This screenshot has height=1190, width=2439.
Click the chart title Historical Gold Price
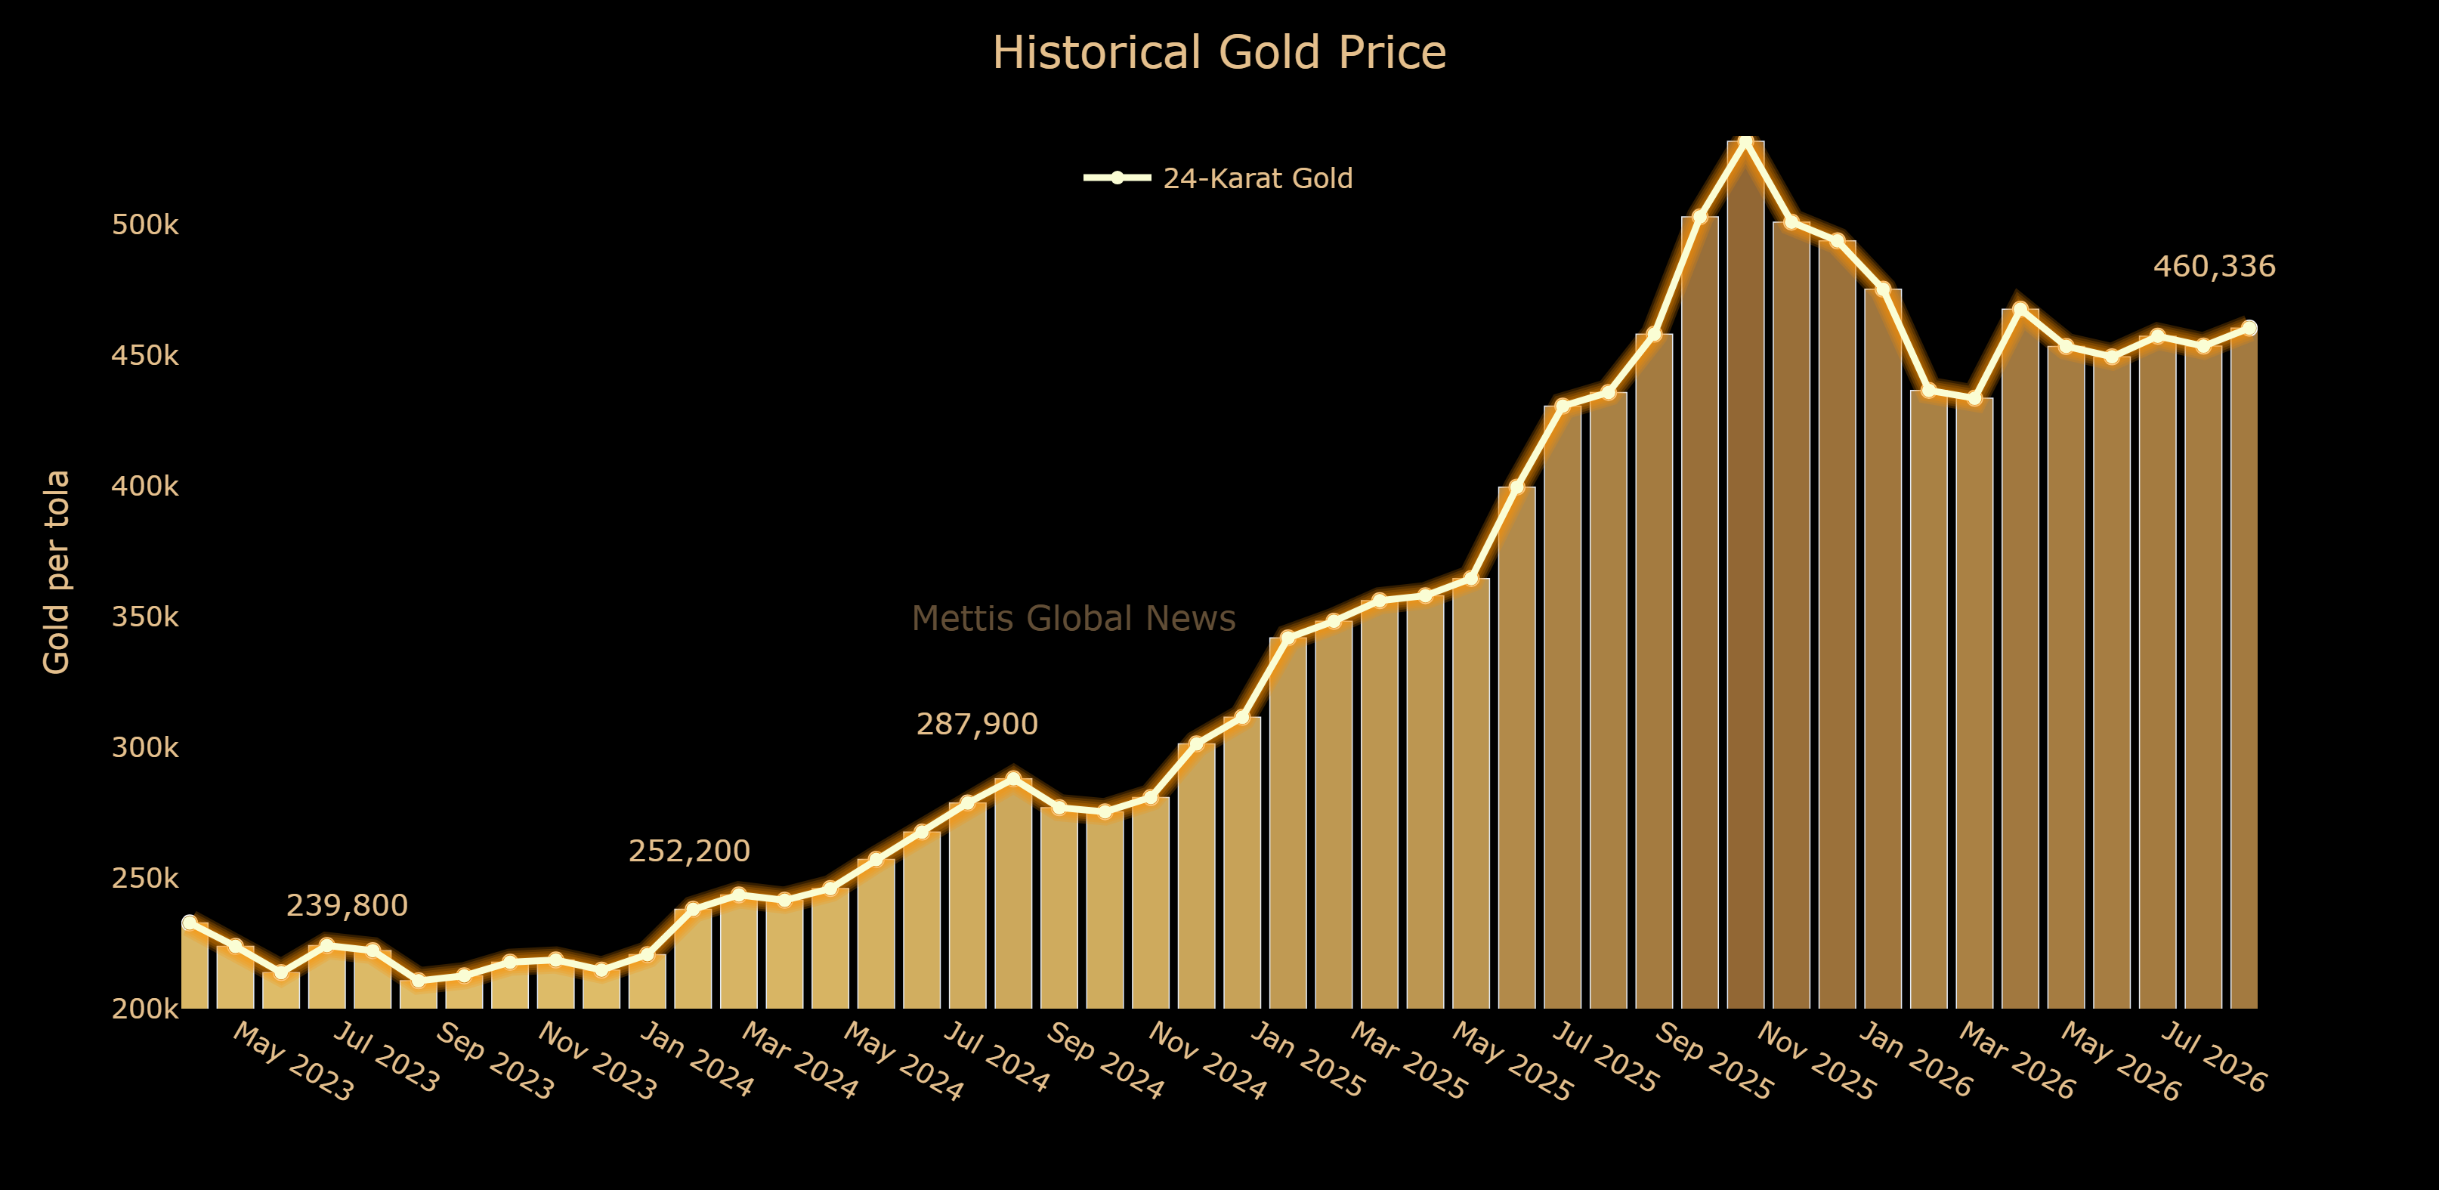pos(1219,52)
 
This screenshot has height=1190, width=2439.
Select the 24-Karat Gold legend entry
pos(1219,178)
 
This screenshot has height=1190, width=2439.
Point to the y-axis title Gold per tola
pos(57,572)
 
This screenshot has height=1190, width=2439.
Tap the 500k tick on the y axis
pos(145,225)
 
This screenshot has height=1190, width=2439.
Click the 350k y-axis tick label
pos(145,617)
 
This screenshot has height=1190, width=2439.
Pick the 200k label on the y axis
pos(145,1009)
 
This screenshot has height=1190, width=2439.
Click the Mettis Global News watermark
pos(1074,618)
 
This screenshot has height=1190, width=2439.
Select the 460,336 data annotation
pos(2215,267)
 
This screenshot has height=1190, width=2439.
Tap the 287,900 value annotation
pos(977,725)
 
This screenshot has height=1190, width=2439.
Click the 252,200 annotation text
pos(689,851)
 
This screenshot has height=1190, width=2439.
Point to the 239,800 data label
pos(348,906)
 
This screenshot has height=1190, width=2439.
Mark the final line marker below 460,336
pos(2249,329)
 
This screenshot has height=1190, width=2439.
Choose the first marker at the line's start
pos(190,922)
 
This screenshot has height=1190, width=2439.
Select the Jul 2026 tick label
pos(2215,1058)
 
